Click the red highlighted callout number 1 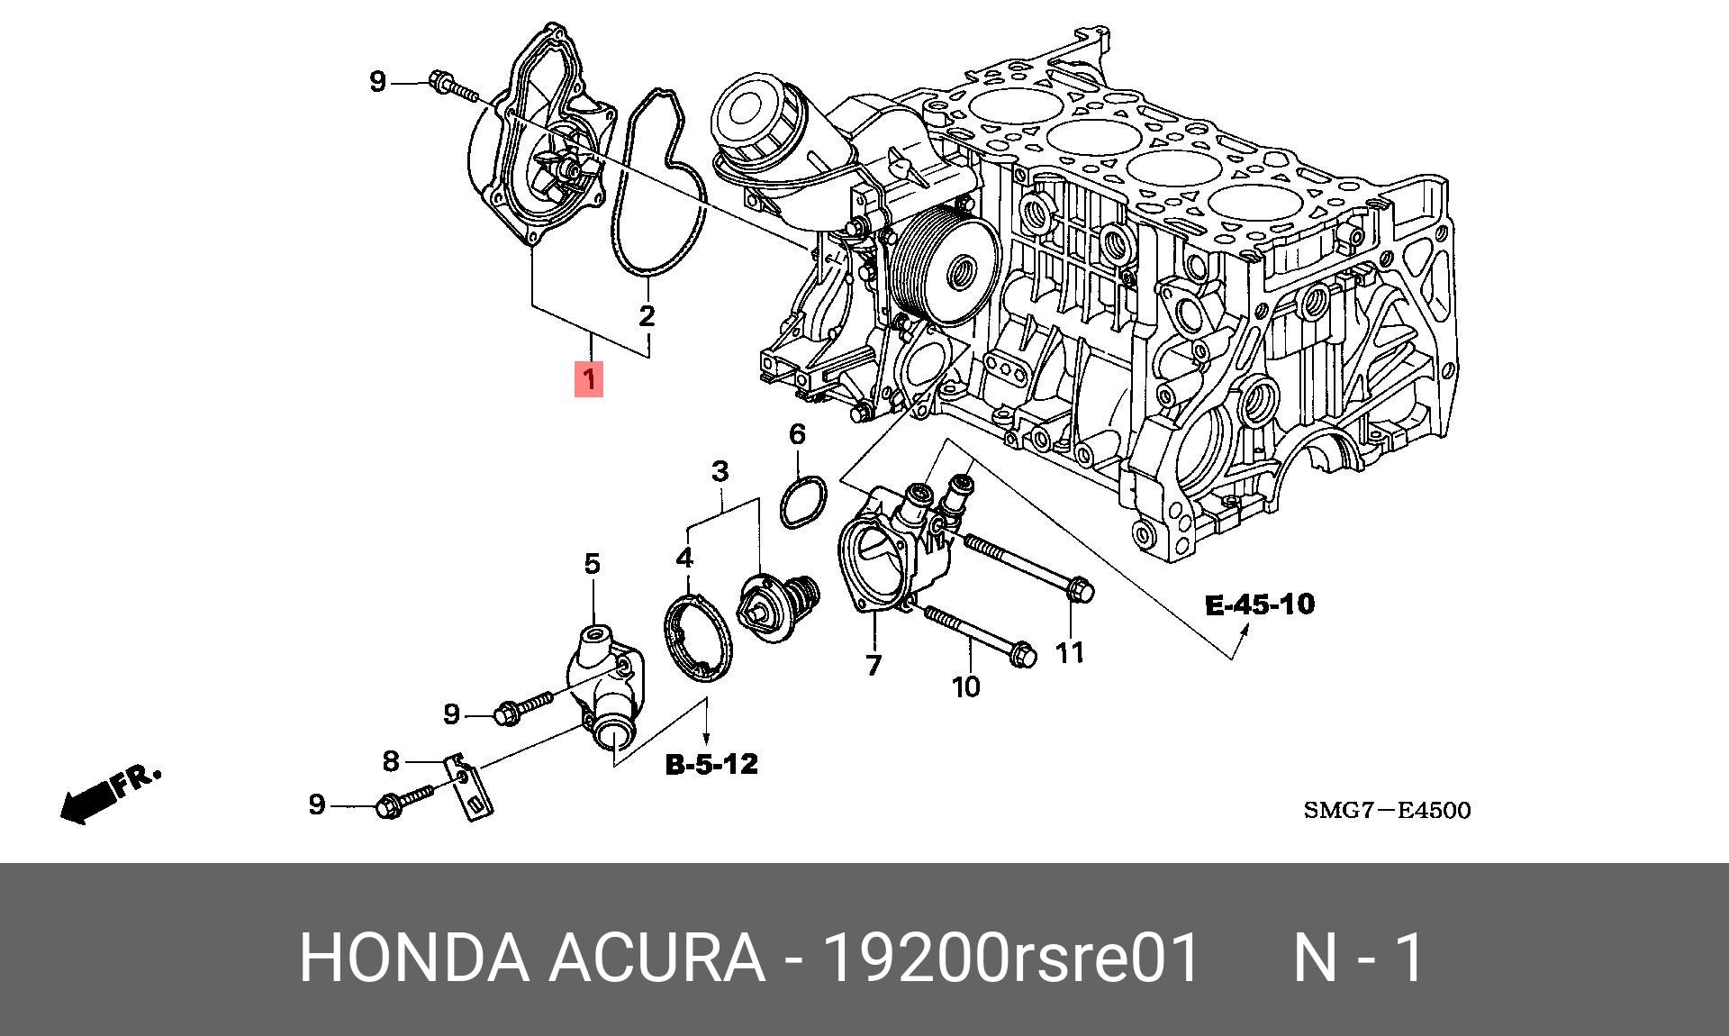pos(589,379)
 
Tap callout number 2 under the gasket pos(647,316)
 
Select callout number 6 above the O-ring pos(797,435)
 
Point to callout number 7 pos(873,666)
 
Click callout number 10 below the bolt pos(965,686)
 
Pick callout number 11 pos(1070,652)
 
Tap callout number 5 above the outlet pos(592,565)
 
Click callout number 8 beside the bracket pos(390,761)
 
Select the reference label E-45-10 pos(1260,604)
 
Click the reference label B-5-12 pos(711,765)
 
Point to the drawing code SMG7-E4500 pos(1387,811)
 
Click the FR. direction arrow pos(108,795)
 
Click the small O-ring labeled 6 pos(802,502)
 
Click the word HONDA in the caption pos(413,958)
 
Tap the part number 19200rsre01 pos(1012,958)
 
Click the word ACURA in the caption pos(656,958)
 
